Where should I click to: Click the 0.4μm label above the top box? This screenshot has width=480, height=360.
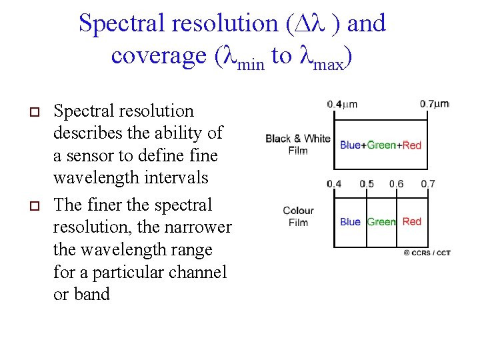[342, 104]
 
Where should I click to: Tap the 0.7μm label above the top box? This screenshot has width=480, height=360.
[435, 104]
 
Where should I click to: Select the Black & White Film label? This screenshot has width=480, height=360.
[297, 144]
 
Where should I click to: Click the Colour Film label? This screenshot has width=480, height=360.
[298, 216]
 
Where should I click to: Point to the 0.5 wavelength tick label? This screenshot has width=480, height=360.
[367, 184]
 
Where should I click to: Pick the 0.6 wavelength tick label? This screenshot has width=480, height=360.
[396, 184]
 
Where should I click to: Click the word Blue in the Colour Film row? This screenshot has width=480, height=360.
[350, 222]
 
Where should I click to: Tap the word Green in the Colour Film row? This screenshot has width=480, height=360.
[381, 222]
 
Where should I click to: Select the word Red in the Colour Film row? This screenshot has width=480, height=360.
[412, 221]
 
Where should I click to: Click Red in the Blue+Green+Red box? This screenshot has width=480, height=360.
[412, 145]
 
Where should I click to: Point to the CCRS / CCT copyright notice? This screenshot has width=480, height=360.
[427, 253]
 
